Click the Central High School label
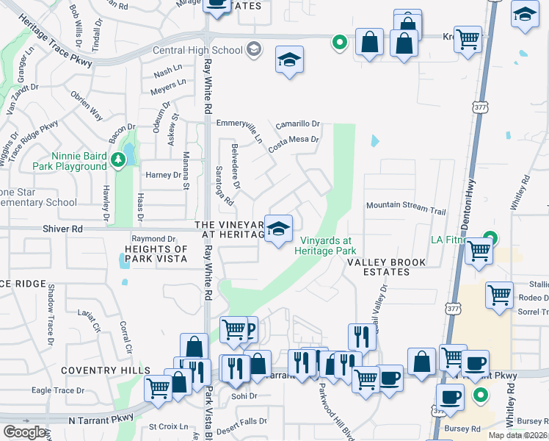point(197,50)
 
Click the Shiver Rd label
point(67,229)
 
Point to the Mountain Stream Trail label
point(406,207)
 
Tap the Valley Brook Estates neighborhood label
point(378,267)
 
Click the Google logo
point(24,432)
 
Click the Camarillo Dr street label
point(298,124)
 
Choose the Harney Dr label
point(163,175)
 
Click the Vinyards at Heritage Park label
point(325,245)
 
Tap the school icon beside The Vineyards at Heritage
point(279,229)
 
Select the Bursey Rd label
point(466,427)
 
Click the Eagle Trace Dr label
point(64,391)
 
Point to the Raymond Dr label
point(153,239)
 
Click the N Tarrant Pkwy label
point(101,418)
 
